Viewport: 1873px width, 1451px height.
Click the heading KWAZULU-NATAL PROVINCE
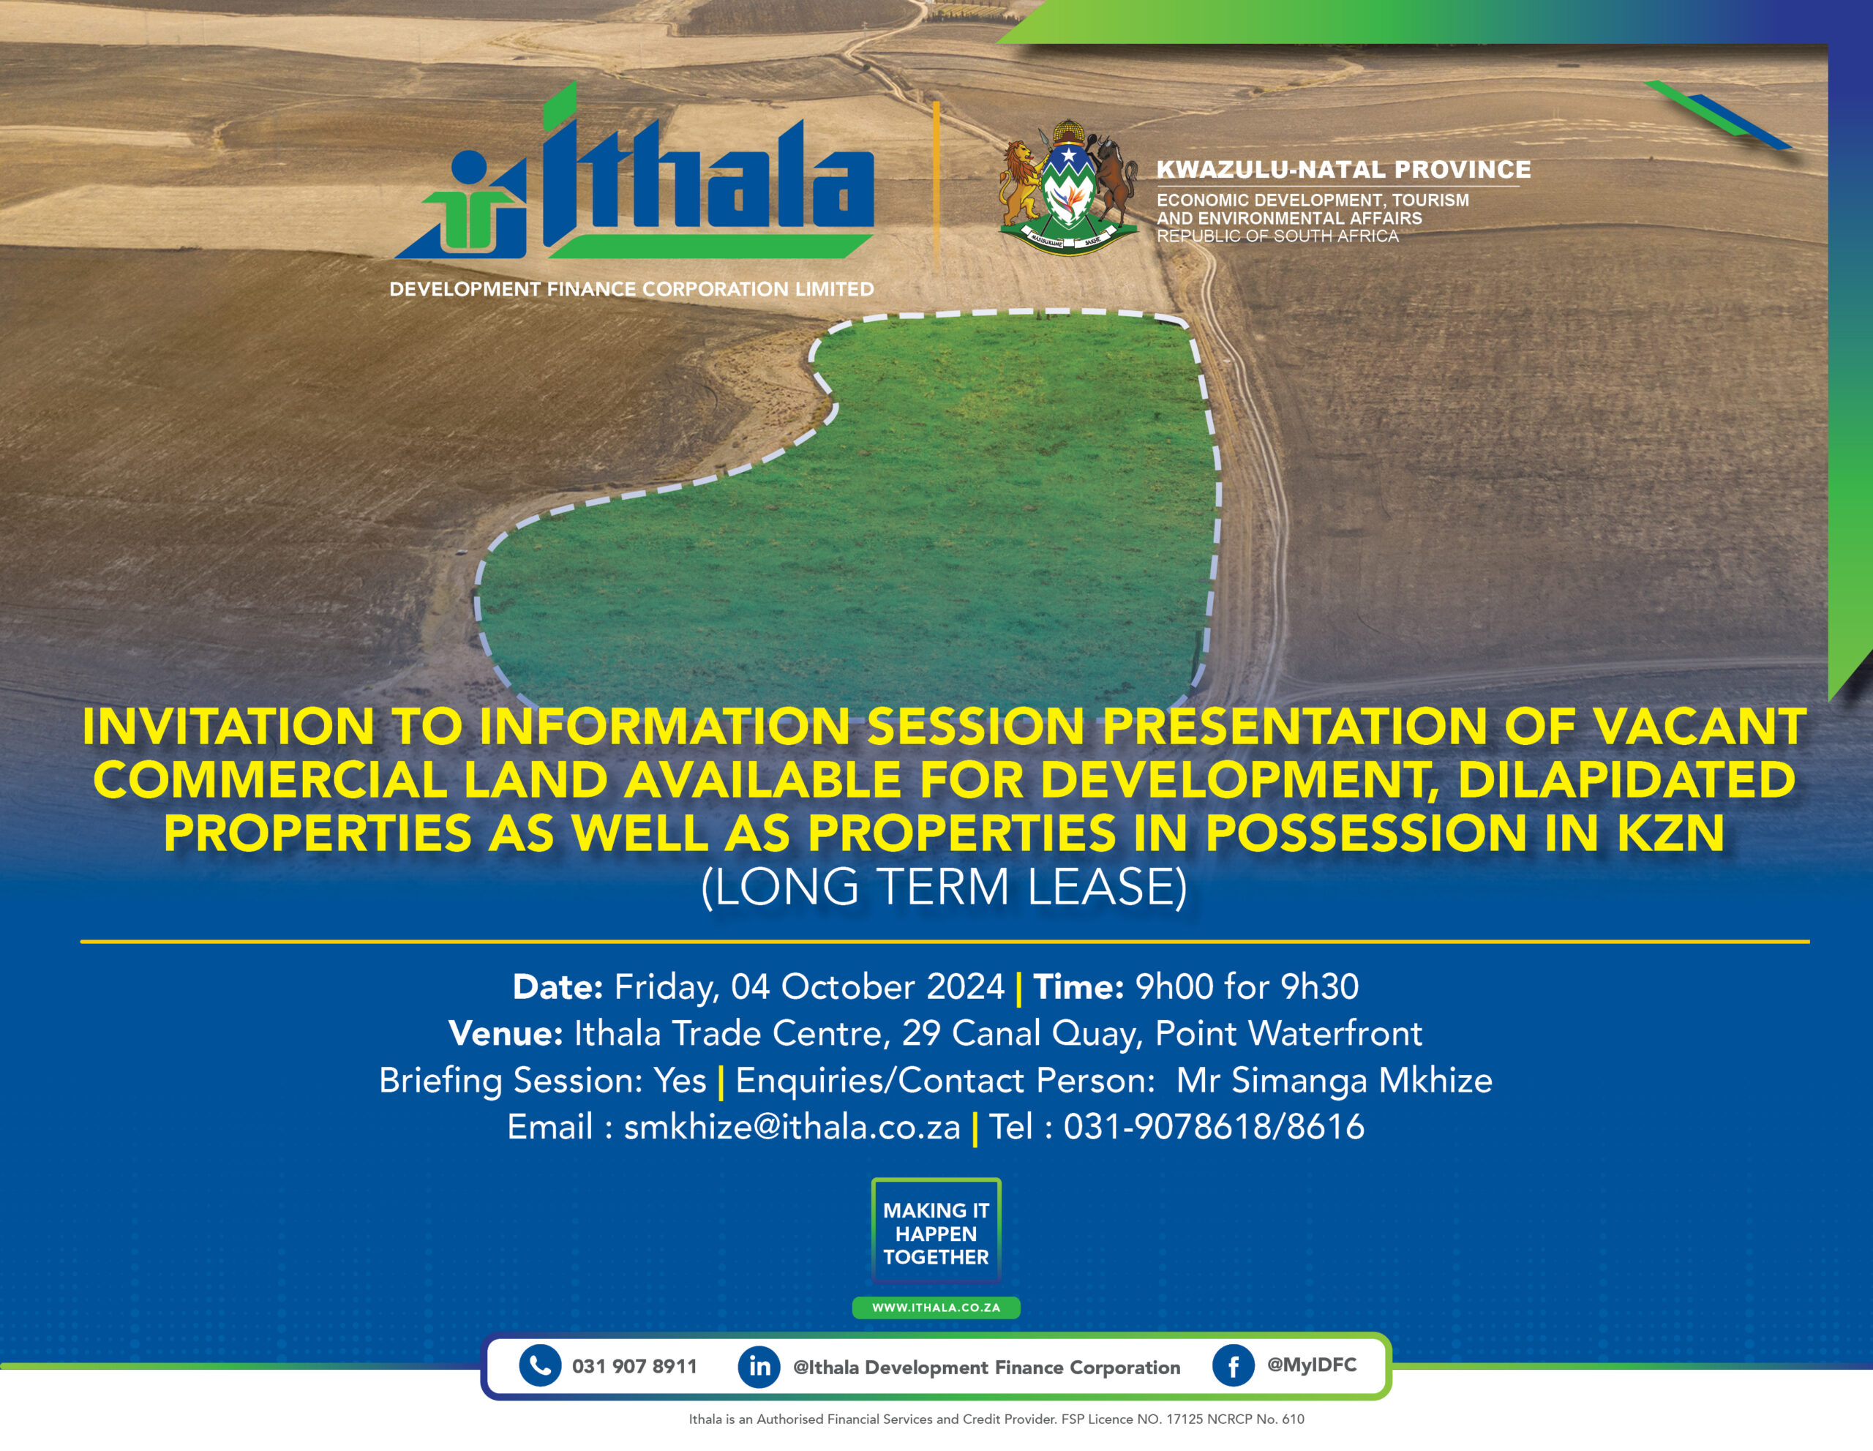pyautogui.click(x=1344, y=170)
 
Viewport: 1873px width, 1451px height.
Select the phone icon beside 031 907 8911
pyautogui.click(x=540, y=1365)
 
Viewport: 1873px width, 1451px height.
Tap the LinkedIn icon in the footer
pyautogui.click(x=759, y=1366)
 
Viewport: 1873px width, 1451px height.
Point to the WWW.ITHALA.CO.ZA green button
pyautogui.click(x=936, y=1307)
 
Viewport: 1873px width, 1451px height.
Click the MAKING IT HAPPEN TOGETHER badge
pyautogui.click(x=936, y=1232)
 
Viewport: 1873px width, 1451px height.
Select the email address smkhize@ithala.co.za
pyautogui.click(x=792, y=1127)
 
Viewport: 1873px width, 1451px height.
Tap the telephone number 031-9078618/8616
pyautogui.click(x=1214, y=1127)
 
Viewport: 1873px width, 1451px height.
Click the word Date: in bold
pyautogui.click(x=558, y=987)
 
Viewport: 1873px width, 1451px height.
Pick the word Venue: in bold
pyautogui.click(x=505, y=1033)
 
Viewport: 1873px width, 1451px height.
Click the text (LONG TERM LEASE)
pyautogui.click(x=945, y=887)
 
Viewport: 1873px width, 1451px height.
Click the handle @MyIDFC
pyautogui.click(x=1312, y=1365)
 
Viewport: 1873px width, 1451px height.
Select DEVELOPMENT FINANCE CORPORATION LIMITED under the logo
pyautogui.click(x=632, y=289)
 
